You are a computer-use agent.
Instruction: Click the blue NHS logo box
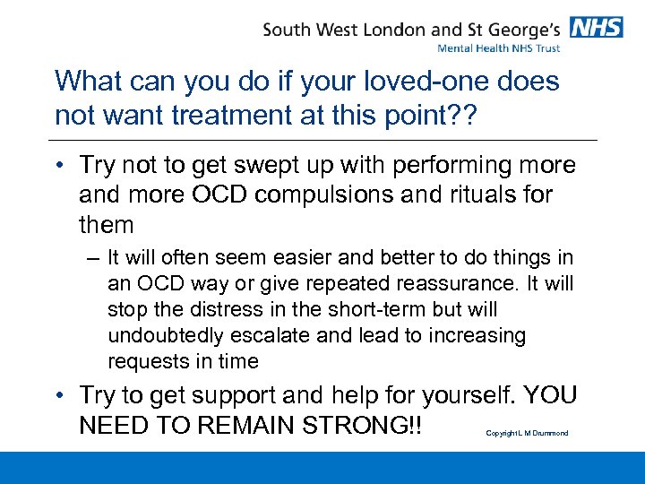point(596,28)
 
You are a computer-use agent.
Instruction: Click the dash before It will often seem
point(94,258)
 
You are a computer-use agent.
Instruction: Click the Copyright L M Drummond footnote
point(527,434)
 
